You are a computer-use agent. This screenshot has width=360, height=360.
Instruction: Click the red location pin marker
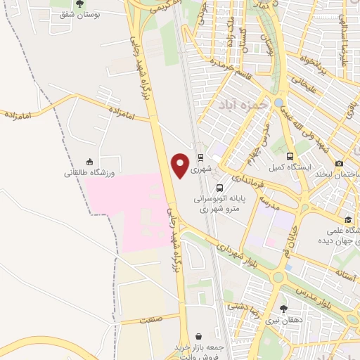click(181, 165)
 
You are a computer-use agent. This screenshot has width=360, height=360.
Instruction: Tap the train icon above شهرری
click(201, 158)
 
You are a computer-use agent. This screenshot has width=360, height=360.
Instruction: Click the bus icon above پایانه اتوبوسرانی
click(220, 188)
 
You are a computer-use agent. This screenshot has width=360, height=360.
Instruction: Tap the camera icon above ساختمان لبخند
click(340, 163)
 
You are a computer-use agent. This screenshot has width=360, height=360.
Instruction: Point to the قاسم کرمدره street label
click(233, 70)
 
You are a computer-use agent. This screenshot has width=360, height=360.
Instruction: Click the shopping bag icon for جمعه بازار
click(200, 337)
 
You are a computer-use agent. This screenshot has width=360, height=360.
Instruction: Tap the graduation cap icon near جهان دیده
click(349, 219)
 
